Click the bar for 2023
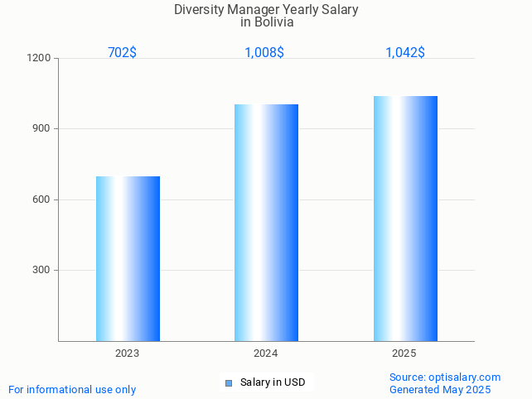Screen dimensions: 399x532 [128, 258]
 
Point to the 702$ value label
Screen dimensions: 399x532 [122, 53]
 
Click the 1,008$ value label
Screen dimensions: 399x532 [264, 53]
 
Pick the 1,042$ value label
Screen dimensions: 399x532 [405, 53]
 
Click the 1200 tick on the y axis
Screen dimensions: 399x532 [39, 59]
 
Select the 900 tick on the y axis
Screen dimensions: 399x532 [41, 129]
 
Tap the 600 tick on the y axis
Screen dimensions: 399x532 [41, 199]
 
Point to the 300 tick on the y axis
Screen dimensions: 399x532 [41, 271]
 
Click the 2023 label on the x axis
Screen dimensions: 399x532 [127, 353]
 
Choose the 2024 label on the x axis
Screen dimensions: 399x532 [265, 353]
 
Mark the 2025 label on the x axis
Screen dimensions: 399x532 [404, 353]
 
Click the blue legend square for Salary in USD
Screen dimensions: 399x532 [229, 382]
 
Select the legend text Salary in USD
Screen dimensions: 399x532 [273, 382]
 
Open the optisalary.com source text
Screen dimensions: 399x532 [445, 377]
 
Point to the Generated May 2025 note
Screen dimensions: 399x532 [440, 390]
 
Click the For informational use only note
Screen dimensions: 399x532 [72, 390]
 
